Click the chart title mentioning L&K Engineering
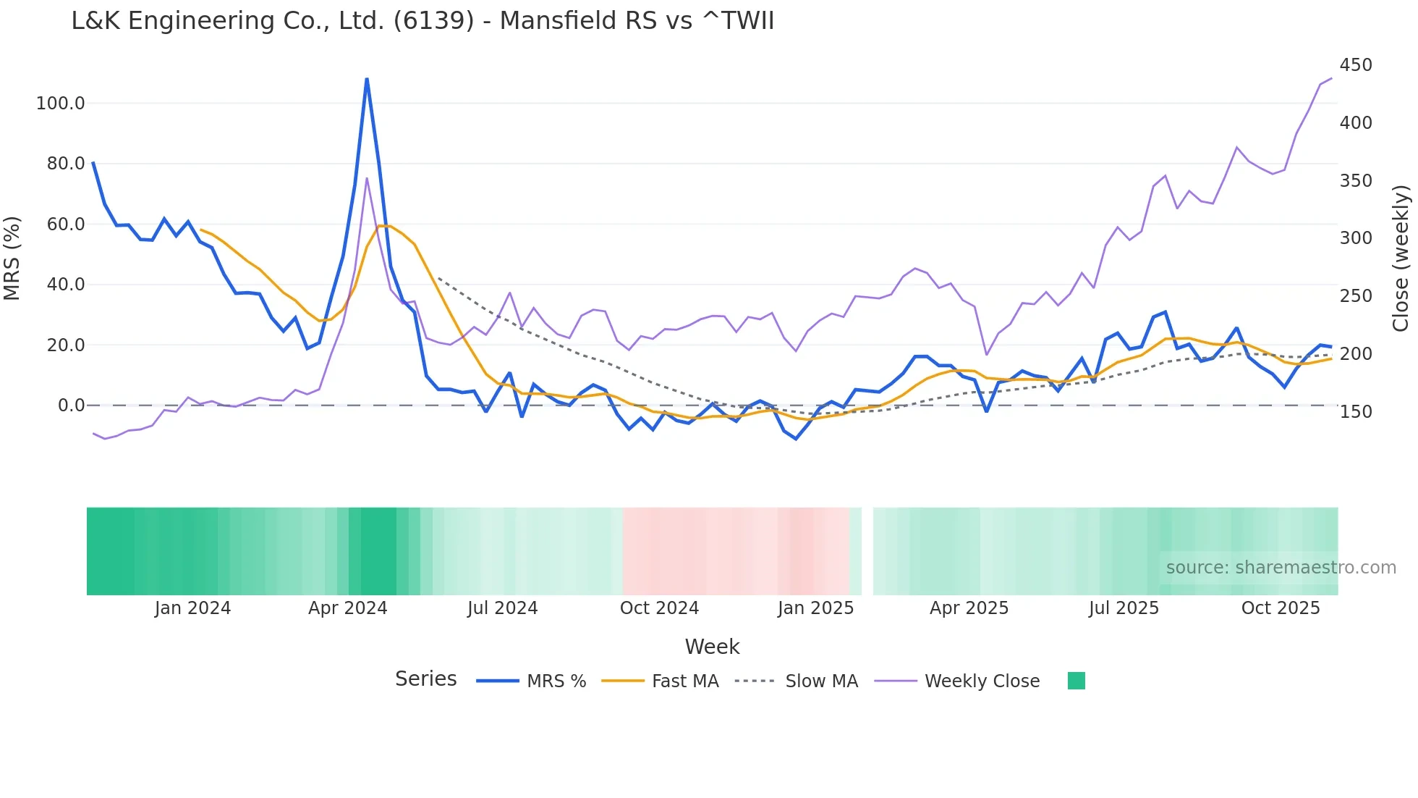(423, 21)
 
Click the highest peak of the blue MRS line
(367, 79)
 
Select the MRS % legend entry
(531, 681)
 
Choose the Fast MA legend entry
(660, 681)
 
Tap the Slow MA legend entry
(796, 681)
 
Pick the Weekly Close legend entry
(957, 681)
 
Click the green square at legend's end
(1076, 681)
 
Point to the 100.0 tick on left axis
(61, 104)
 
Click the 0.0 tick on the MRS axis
(71, 406)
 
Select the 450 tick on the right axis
(1355, 65)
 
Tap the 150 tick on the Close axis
(1355, 412)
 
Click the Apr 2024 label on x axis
(347, 608)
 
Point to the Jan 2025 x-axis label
(815, 608)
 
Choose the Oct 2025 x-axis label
(1280, 608)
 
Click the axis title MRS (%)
(12, 258)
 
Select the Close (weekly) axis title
(1401, 259)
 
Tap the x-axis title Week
(712, 647)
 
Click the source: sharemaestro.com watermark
(1281, 568)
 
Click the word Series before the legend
(425, 679)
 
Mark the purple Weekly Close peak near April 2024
(367, 178)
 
